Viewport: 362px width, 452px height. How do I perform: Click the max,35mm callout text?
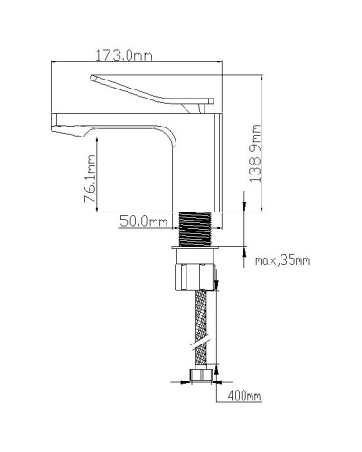tap(281, 262)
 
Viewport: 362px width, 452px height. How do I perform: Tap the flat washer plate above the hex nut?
tap(196, 245)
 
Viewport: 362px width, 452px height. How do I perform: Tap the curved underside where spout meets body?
tap(163, 136)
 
